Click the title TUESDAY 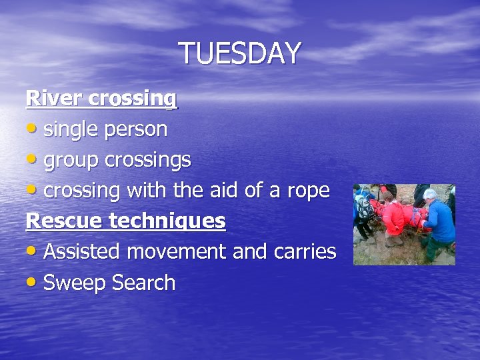click(x=240, y=53)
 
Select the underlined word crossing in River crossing click(x=132, y=100)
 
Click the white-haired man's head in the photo click(x=431, y=195)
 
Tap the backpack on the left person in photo click(x=365, y=207)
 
